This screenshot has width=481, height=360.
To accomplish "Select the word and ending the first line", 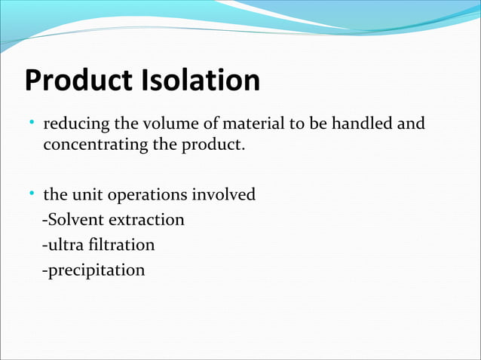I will [411, 123].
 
